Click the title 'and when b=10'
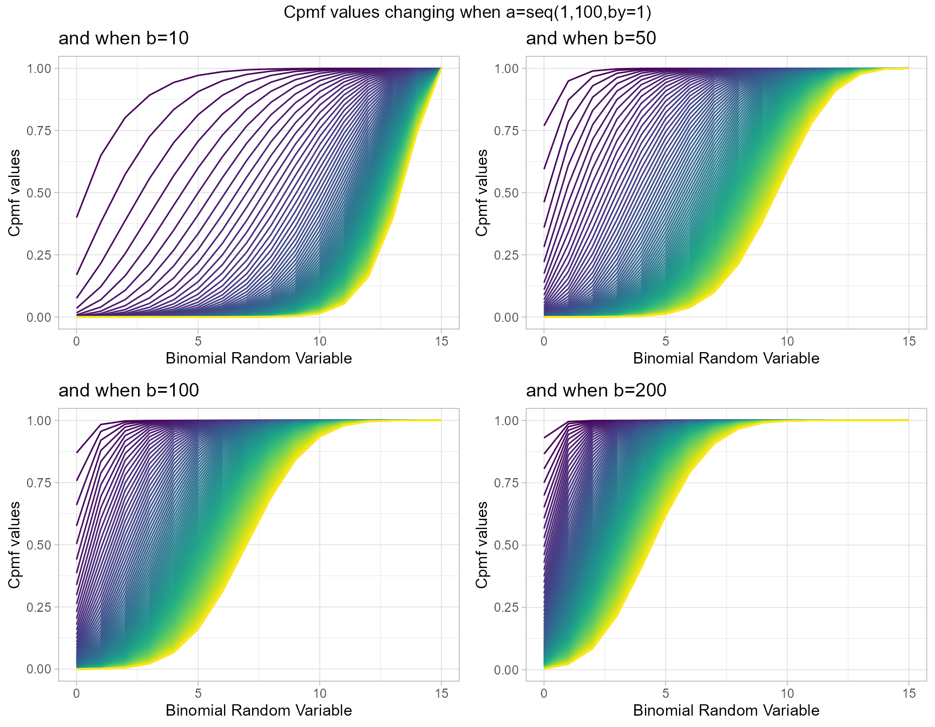click(x=123, y=38)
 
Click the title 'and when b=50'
click(x=591, y=38)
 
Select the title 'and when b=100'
click(x=129, y=391)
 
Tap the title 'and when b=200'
click(x=596, y=391)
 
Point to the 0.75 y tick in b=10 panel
click(x=38, y=131)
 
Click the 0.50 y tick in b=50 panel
click(x=506, y=193)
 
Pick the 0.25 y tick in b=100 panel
click(x=38, y=607)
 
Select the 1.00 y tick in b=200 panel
click(x=506, y=421)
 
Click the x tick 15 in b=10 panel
click(x=442, y=341)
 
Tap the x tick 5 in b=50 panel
click(x=666, y=341)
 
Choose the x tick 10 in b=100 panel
click(x=320, y=693)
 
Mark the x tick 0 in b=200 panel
click(x=544, y=693)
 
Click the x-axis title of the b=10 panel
click(x=259, y=358)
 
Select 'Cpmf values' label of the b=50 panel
click(x=482, y=193)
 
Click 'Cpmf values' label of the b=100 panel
click(x=14, y=545)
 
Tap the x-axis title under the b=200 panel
click(x=726, y=710)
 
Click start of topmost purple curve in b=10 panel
click(x=77, y=217)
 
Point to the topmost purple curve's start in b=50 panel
click(x=544, y=125)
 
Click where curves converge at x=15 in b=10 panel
click(x=442, y=69)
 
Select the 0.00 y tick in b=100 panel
click(x=38, y=670)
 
